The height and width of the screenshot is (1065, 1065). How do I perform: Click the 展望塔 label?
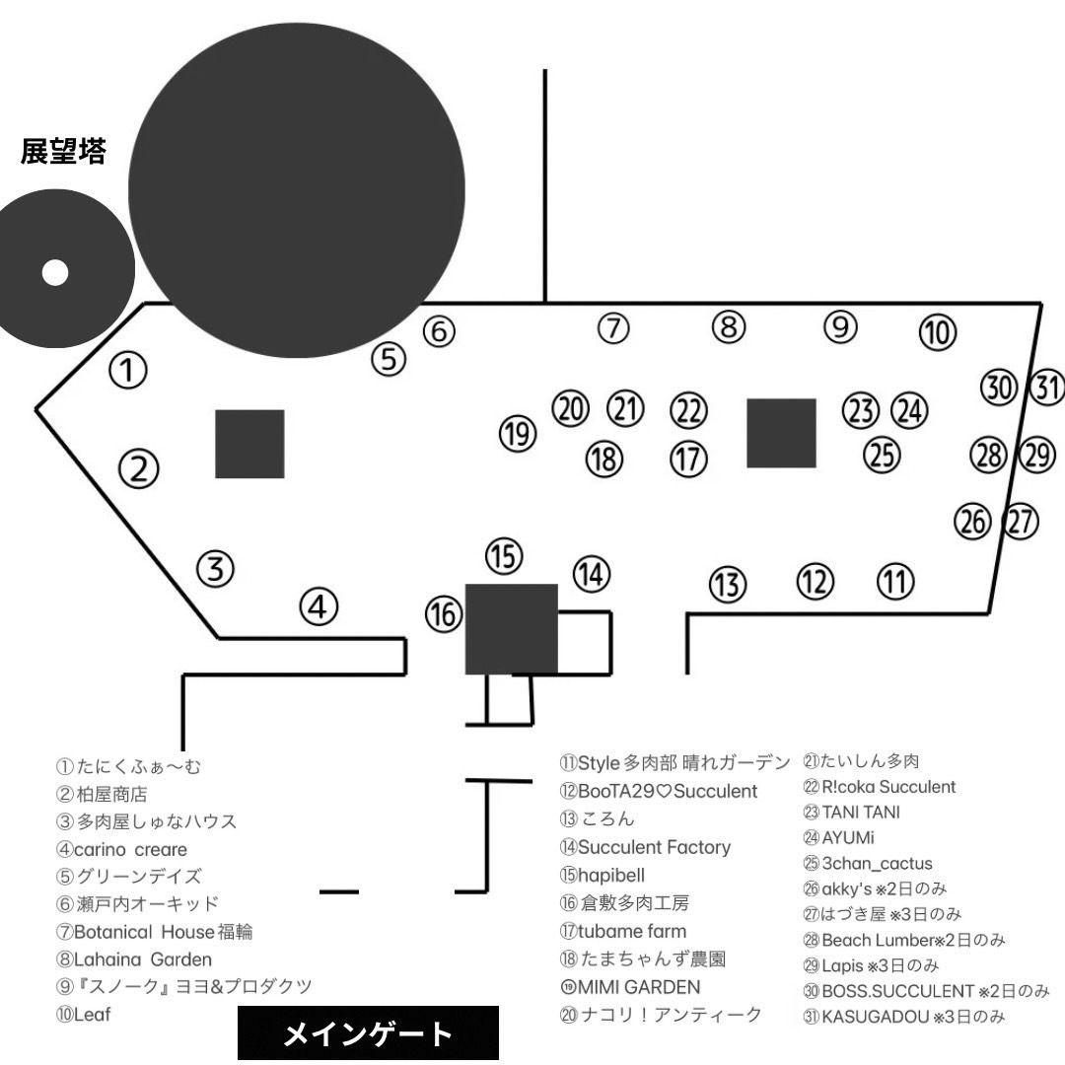(63, 152)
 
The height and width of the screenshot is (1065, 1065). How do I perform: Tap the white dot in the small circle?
(55, 273)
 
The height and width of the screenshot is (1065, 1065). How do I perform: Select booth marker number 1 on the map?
(127, 370)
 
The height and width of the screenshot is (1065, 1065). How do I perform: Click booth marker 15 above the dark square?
(504, 556)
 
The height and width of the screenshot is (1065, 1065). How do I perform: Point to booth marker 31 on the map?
(1047, 388)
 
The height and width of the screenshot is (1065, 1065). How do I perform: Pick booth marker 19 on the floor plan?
(517, 434)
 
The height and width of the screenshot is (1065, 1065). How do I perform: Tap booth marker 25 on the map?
(883, 454)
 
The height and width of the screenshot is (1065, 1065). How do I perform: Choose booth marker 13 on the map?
(728, 585)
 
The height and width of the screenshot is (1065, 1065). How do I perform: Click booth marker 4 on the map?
(319, 606)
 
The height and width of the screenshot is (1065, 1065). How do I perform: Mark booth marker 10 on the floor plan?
(938, 333)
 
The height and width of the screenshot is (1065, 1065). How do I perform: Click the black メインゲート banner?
(368, 1034)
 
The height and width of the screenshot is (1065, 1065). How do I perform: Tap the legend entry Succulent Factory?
(645, 847)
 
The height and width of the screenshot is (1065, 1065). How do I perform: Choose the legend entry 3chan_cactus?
(867, 864)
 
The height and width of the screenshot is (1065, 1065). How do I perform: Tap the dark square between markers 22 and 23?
(781, 433)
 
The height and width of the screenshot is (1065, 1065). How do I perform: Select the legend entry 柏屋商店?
(104, 793)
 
